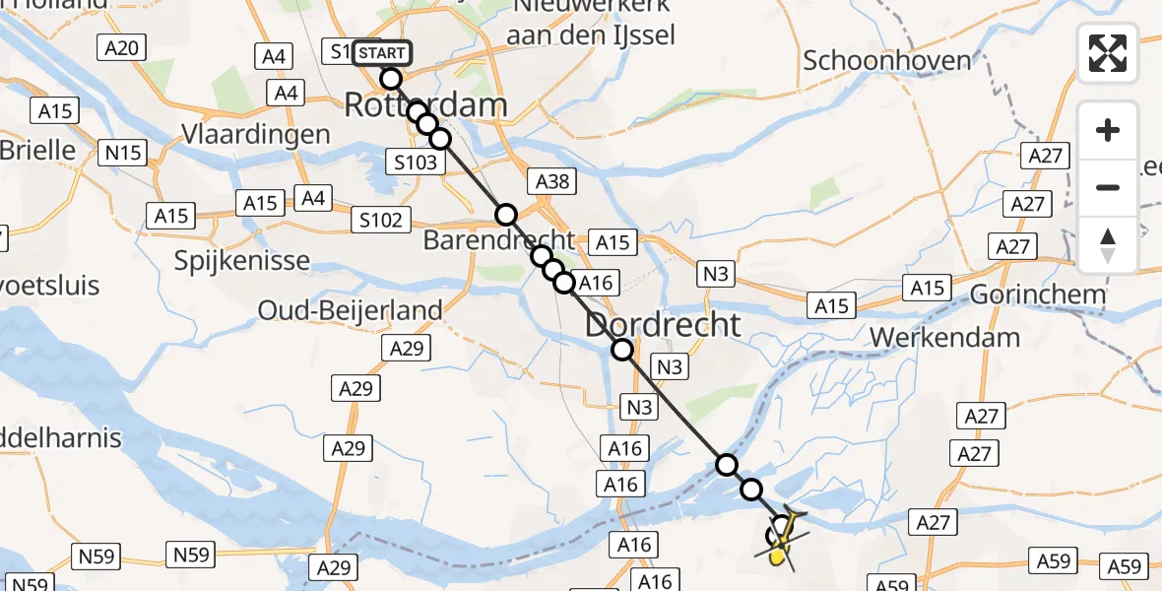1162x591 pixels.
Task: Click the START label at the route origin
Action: coord(380,52)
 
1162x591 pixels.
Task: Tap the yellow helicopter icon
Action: coord(783,540)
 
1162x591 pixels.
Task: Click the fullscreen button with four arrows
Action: coord(1108,53)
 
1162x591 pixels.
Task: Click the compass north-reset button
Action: coord(1108,245)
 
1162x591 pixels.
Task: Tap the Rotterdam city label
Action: coord(425,105)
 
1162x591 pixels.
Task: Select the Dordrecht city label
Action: coord(663,324)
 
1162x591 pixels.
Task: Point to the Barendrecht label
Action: coord(499,239)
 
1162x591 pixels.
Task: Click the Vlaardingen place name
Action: coord(255,134)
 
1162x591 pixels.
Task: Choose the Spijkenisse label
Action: coord(241,261)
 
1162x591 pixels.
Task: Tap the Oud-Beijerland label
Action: coord(350,310)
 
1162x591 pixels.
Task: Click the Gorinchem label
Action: coord(1038,294)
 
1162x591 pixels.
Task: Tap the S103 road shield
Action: coord(415,163)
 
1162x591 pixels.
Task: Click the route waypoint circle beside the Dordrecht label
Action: coord(622,349)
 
